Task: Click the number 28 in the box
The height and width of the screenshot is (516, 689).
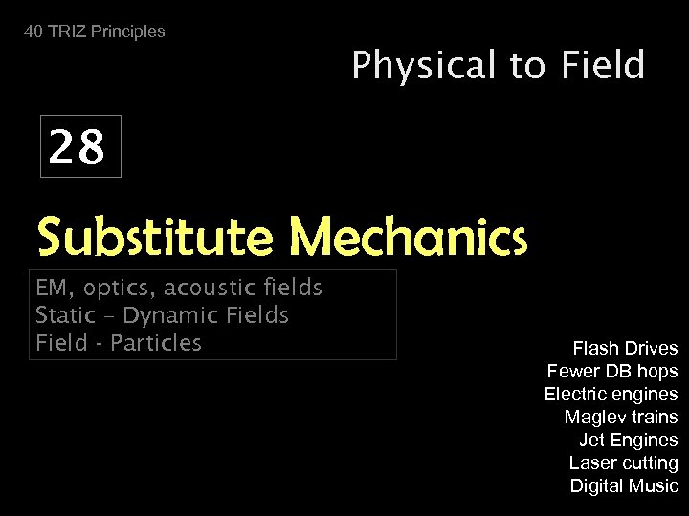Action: click(x=78, y=148)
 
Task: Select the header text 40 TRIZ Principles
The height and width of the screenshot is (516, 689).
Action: click(x=95, y=32)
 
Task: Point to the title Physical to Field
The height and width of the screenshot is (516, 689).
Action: click(x=498, y=66)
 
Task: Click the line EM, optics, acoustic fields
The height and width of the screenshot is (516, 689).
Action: click(x=178, y=288)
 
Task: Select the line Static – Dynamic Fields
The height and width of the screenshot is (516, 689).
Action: click(x=162, y=315)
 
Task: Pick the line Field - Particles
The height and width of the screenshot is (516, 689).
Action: click(x=118, y=342)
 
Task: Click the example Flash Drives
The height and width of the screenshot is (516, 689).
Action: click(x=625, y=348)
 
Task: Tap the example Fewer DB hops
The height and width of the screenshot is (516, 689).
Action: click(x=612, y=371)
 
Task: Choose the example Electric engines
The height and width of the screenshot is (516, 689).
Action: click(x=611, y=394)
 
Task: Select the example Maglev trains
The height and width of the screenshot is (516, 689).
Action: click(x=621, y=417)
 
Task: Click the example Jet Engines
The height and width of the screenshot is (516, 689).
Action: click(x=629, y=440)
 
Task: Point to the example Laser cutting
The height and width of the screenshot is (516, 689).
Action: click(x=624, y=462)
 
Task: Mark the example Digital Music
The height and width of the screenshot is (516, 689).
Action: click(x=624, y=485)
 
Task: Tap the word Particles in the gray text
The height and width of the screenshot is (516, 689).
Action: click(x=156, y=342)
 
